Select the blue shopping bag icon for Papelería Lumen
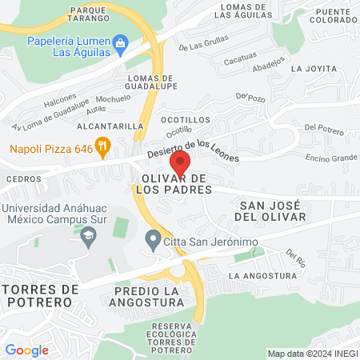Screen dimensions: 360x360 coord(120,42)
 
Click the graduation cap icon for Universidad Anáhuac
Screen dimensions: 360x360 coord(88,235)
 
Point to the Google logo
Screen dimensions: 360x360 coord(26,350)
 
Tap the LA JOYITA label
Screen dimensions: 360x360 coord(313,69)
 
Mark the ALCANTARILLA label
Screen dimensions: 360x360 coord(109,126)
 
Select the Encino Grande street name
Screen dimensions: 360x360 coord(330,158)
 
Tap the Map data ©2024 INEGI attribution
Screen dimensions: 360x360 coord(311,354)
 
